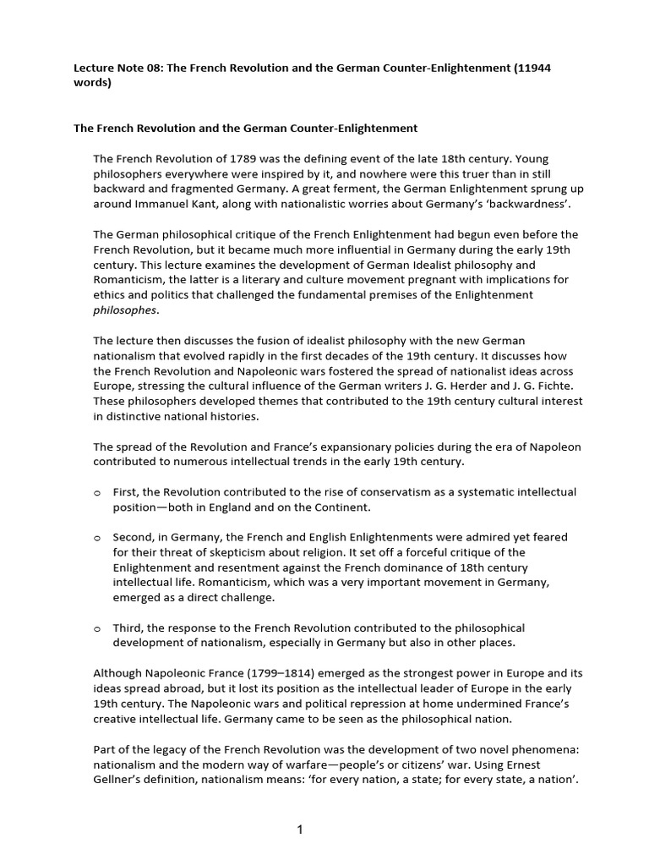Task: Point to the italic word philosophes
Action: (x=125, y=310)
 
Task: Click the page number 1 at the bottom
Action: (x=300, y=830)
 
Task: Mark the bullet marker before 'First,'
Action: (x=97, y=492)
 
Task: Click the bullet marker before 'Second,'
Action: (x=97, y=538)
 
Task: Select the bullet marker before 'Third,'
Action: (x=97, y=628)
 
